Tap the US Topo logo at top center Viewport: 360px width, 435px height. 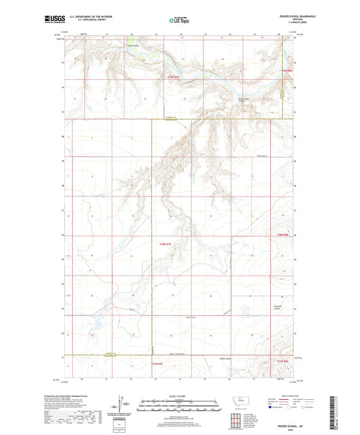[x=178, y=21]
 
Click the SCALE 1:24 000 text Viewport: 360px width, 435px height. [x=179, y=395]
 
